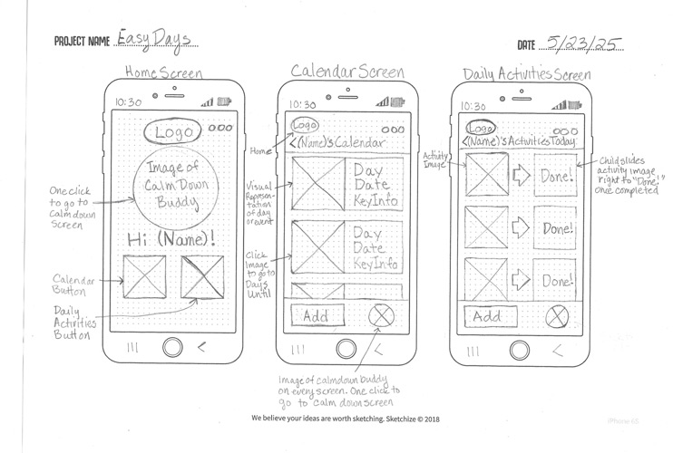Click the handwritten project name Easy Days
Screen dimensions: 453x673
(x=156, y=39)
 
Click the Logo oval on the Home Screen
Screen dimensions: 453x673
(x=174, y=132)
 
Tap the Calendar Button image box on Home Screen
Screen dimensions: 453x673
(x=143, y=277)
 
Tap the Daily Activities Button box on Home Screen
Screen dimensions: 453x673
(x=202, y=277)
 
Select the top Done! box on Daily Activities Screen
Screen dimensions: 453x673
(x=554, y=176)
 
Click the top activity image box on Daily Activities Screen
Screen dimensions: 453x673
(x=487, y=175)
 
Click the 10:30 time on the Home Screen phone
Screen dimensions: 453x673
(x=128, y=102)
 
